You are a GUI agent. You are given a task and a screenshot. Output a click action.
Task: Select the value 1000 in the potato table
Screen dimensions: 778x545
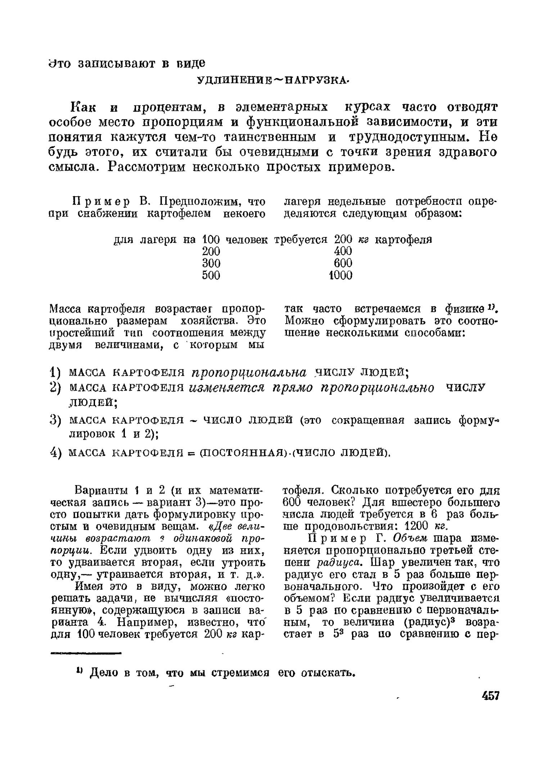click(x=341, y=276)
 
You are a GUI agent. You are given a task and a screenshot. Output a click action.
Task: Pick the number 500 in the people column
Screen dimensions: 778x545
click(x=211, y=276)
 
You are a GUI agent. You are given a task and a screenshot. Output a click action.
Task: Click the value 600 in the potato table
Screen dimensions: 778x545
click(x=343, y=263)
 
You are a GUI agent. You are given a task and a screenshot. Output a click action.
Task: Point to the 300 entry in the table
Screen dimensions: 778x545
click(x=211, y=263)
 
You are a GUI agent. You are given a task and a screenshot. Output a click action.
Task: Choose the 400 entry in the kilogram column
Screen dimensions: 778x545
click(x=343, y=251)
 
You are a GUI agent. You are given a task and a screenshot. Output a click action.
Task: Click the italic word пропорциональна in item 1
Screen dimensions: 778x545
click(x=249, y=372)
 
